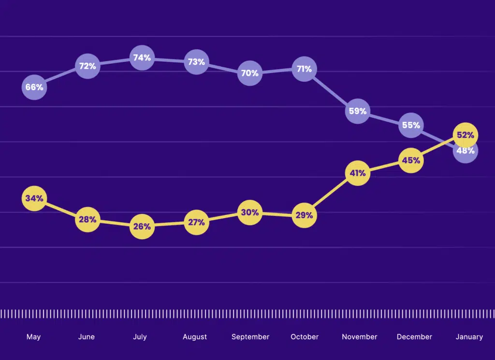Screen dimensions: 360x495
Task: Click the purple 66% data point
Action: pyautogui.click(x=34, y=87)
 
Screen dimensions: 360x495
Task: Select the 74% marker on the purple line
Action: pyautogui.click(x=142, y=58)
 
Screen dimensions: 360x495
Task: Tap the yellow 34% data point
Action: pyautogui.click(x=34, y=198)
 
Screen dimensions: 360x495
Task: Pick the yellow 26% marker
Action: pyautogui.click(x=142, y=226)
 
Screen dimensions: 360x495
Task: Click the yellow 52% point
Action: pyautogui.click(x=465, y=135)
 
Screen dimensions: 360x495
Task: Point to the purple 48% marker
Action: pyautogui.click(x=466, y=151)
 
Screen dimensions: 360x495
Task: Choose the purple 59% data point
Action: pyautogui.click(x=358, y=111)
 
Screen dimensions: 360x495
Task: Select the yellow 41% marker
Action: pyautogui.click(x=358, y=173)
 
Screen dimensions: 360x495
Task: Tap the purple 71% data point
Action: pyautogui.click(x=304, y=69)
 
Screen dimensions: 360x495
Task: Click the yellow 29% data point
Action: pyautogui.click(x=304, y=216)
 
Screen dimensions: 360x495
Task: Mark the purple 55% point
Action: pyautogui.click(x=411, y=125)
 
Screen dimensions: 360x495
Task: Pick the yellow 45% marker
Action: pyautogui.click(x=411, y=160)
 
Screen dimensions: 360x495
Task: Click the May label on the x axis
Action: pyautogui.click(x=33, y=337)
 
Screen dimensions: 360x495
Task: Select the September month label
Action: pyautogui.click(x=250, y=337)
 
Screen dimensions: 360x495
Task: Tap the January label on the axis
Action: pyautogui.click(x=469, y=337)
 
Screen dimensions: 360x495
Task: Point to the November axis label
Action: pyautogui.click(x=359, y=337)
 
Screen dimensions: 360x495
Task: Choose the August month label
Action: pyautogui.click(x=195, y=337)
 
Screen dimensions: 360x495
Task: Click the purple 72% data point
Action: pyautogui.click(x=87, y=66)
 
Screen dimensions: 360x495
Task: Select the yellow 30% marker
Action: pyautogui.click(x=250, y=213)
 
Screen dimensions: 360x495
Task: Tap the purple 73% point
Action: pyautogui.click(x=197, y=62)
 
